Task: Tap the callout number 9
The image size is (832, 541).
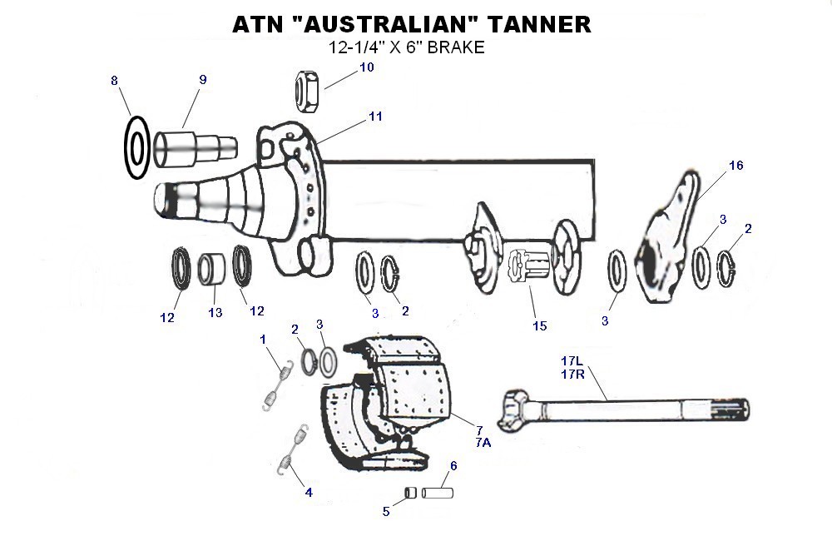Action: [202, 80]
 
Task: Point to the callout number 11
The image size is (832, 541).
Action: [376, 117]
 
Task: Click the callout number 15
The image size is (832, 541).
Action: [540, 325]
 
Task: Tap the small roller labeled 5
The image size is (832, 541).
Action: [410, 493]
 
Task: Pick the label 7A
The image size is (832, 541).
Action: [483, 443]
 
